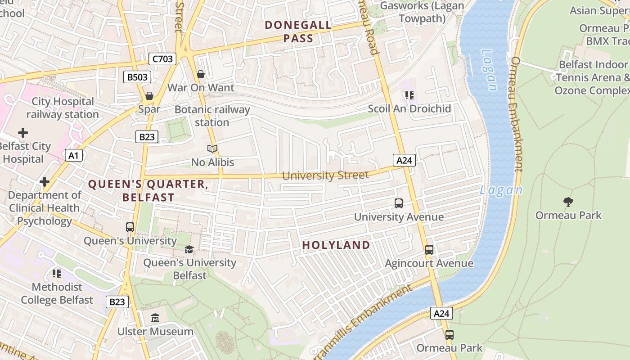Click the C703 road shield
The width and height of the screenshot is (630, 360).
click(162, 58)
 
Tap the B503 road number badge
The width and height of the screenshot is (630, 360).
click(137, 77)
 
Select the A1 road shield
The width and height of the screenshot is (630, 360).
click(74, 156)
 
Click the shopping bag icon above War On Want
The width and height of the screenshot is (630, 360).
click(201, 74)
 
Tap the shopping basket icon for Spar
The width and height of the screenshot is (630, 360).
click(149, 96)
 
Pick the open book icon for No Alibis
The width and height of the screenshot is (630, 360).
click(212, 148)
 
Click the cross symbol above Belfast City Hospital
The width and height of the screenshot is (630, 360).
click(22, 133)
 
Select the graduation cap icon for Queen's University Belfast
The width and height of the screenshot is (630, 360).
click(189, 249)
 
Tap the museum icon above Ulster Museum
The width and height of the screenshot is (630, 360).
click(155, 318)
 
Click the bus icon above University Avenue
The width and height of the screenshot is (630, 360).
click(399, 203)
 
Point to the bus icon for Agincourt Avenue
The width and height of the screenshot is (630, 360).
click(429, 250)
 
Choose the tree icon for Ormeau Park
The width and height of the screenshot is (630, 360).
click(568, 202)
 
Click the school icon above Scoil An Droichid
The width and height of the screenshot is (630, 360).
click(409, 95)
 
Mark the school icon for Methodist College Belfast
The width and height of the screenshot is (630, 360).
click(57, 274)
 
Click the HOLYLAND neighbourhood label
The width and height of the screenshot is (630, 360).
click(336, 245)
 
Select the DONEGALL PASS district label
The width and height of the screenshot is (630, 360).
click(298, 31)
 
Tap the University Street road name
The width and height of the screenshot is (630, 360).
click(325, 175)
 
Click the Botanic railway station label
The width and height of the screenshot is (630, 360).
click(212, 116)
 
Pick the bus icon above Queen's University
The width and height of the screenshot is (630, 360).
click(130, 227)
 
